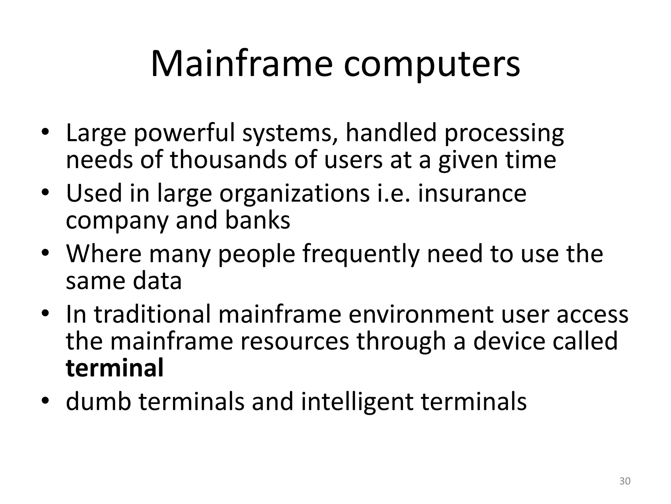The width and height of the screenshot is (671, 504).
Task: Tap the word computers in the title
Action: point(431,65)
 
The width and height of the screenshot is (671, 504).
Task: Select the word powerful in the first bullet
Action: point(184,134)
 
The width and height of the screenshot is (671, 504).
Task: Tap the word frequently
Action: point(361,254)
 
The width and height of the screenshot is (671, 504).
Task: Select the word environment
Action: point(421,314)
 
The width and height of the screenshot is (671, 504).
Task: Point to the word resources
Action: point(295,341)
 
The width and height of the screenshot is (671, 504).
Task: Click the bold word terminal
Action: point(115,368)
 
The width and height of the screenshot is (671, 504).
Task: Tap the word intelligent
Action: point(357,402)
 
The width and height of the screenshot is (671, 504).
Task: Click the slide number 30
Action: point(625,481)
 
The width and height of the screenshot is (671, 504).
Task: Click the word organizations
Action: point(295,194)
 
